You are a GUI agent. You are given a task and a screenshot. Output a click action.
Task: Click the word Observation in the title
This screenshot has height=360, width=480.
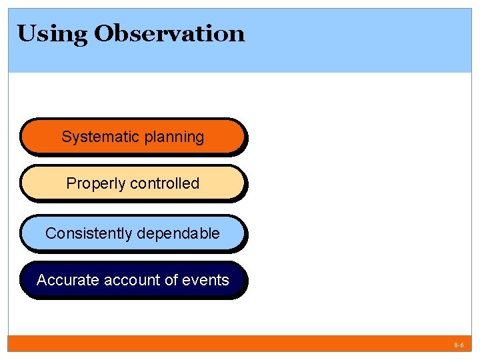tap(169, 33)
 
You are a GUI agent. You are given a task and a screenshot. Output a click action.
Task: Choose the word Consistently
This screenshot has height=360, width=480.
tap(88, 233)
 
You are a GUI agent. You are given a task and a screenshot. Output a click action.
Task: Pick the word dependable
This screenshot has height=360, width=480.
tap(178, 233)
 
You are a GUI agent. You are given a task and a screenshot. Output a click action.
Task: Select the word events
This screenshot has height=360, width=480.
tap(206, 280)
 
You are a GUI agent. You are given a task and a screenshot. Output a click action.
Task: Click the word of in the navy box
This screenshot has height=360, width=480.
tap(171, 280)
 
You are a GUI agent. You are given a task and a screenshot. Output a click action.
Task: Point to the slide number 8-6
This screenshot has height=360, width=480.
tap(459, 346)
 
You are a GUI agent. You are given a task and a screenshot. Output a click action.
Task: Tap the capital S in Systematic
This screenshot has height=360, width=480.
tap(66, 137)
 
